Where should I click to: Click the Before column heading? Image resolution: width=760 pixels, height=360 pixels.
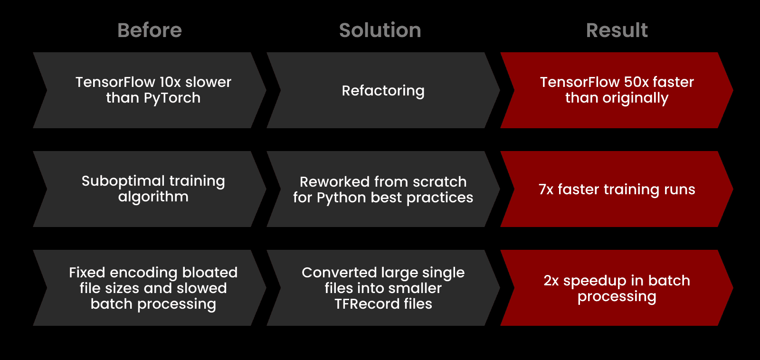150,30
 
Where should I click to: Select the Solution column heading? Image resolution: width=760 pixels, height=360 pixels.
380,30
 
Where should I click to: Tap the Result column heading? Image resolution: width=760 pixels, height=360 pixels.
617,30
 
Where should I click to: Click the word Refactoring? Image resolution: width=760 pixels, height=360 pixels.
383,91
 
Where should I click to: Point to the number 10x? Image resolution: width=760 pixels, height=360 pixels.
170,82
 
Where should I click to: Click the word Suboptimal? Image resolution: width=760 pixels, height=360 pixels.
116,181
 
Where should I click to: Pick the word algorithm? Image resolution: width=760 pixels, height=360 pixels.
153,197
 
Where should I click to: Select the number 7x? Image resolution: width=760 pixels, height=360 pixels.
546,189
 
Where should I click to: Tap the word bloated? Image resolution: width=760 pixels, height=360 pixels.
209,273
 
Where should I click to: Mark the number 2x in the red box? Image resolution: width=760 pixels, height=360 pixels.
551,281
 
